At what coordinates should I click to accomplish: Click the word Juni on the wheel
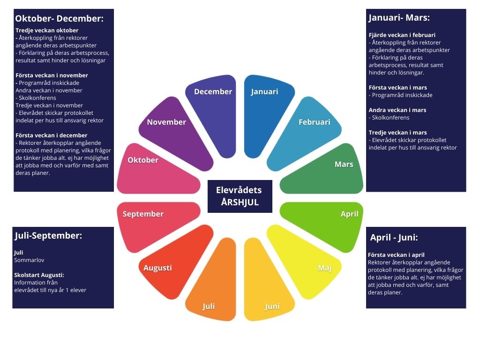(272, 307)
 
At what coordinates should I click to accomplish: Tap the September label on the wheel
(143, 214)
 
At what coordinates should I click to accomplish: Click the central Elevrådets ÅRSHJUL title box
(240, 196)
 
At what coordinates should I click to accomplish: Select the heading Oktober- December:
(59, 19)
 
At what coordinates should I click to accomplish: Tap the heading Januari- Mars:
(399, 18)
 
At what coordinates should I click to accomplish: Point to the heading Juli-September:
(48, 236)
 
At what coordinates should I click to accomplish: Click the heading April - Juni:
(394, 237)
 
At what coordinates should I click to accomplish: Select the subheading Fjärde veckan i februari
(402, 35)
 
